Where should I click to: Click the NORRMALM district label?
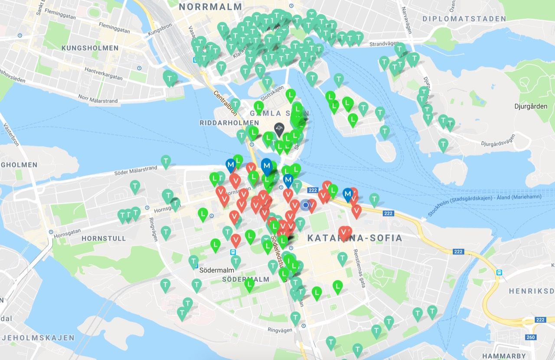coord(210,6)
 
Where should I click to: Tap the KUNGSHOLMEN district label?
coord(90,48)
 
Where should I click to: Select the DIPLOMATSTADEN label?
coord(464,19)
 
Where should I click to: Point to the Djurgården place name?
coord(531,106)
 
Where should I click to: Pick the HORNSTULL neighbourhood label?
coord(104,238)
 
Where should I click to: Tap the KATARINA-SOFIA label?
coord(354,238)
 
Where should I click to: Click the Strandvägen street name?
coord(384,44)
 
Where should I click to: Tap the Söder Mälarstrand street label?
coord(135,172)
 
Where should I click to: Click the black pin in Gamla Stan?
coord(279,128)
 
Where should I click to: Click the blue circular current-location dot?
coord(306,205)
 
